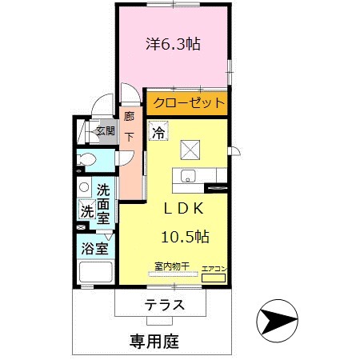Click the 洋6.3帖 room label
172,45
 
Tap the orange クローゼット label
186,103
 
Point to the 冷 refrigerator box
158,130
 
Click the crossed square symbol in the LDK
190,149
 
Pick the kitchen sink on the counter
189,176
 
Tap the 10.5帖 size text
185,236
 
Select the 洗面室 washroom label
104,203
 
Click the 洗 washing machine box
86,211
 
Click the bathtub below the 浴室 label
96,273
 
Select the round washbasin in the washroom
85,189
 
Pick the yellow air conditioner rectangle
214,279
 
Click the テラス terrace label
166,305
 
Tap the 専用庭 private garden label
154,340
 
